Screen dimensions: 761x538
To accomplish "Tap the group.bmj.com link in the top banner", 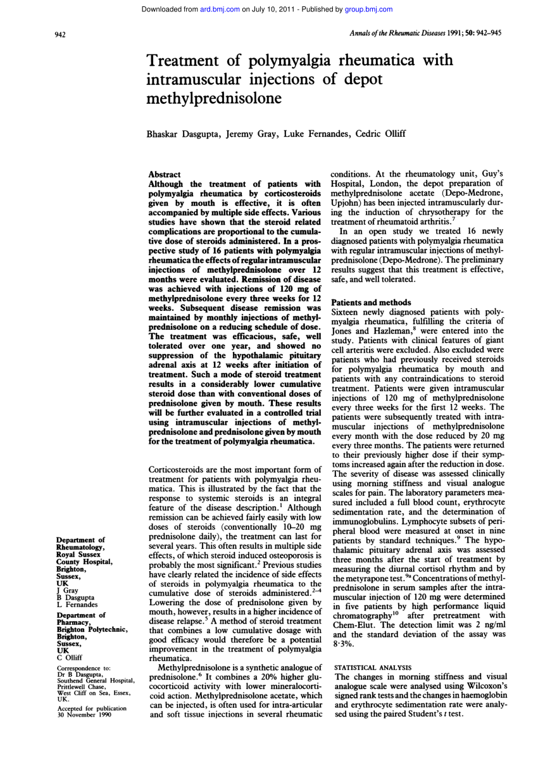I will [368, 9].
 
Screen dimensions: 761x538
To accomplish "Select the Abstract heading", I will [164, 174].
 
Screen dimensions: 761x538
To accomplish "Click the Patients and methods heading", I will [371, 302].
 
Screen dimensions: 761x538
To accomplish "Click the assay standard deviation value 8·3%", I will [344, 644].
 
